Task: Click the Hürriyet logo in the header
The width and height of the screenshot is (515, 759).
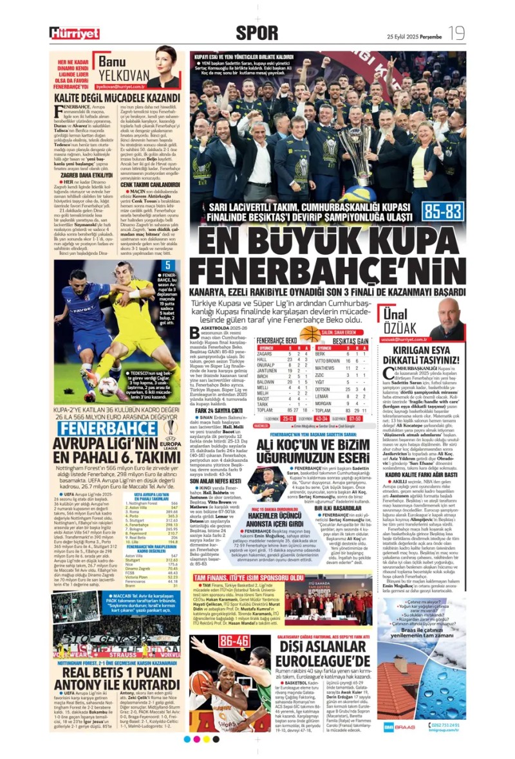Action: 75,33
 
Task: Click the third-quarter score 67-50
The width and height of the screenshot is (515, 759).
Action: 355,418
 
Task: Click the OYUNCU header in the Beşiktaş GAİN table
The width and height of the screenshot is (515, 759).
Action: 325,347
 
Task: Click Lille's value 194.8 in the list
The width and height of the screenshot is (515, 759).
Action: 172,542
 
